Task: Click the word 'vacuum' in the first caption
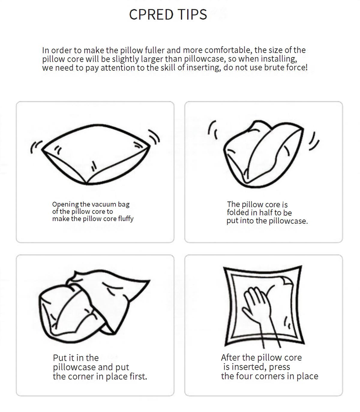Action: point(103,204)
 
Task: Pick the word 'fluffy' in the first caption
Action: point(126,219)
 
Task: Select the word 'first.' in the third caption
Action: point(139,376)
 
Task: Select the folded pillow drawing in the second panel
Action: point(263,154)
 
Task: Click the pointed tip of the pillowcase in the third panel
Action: point(149,281)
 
